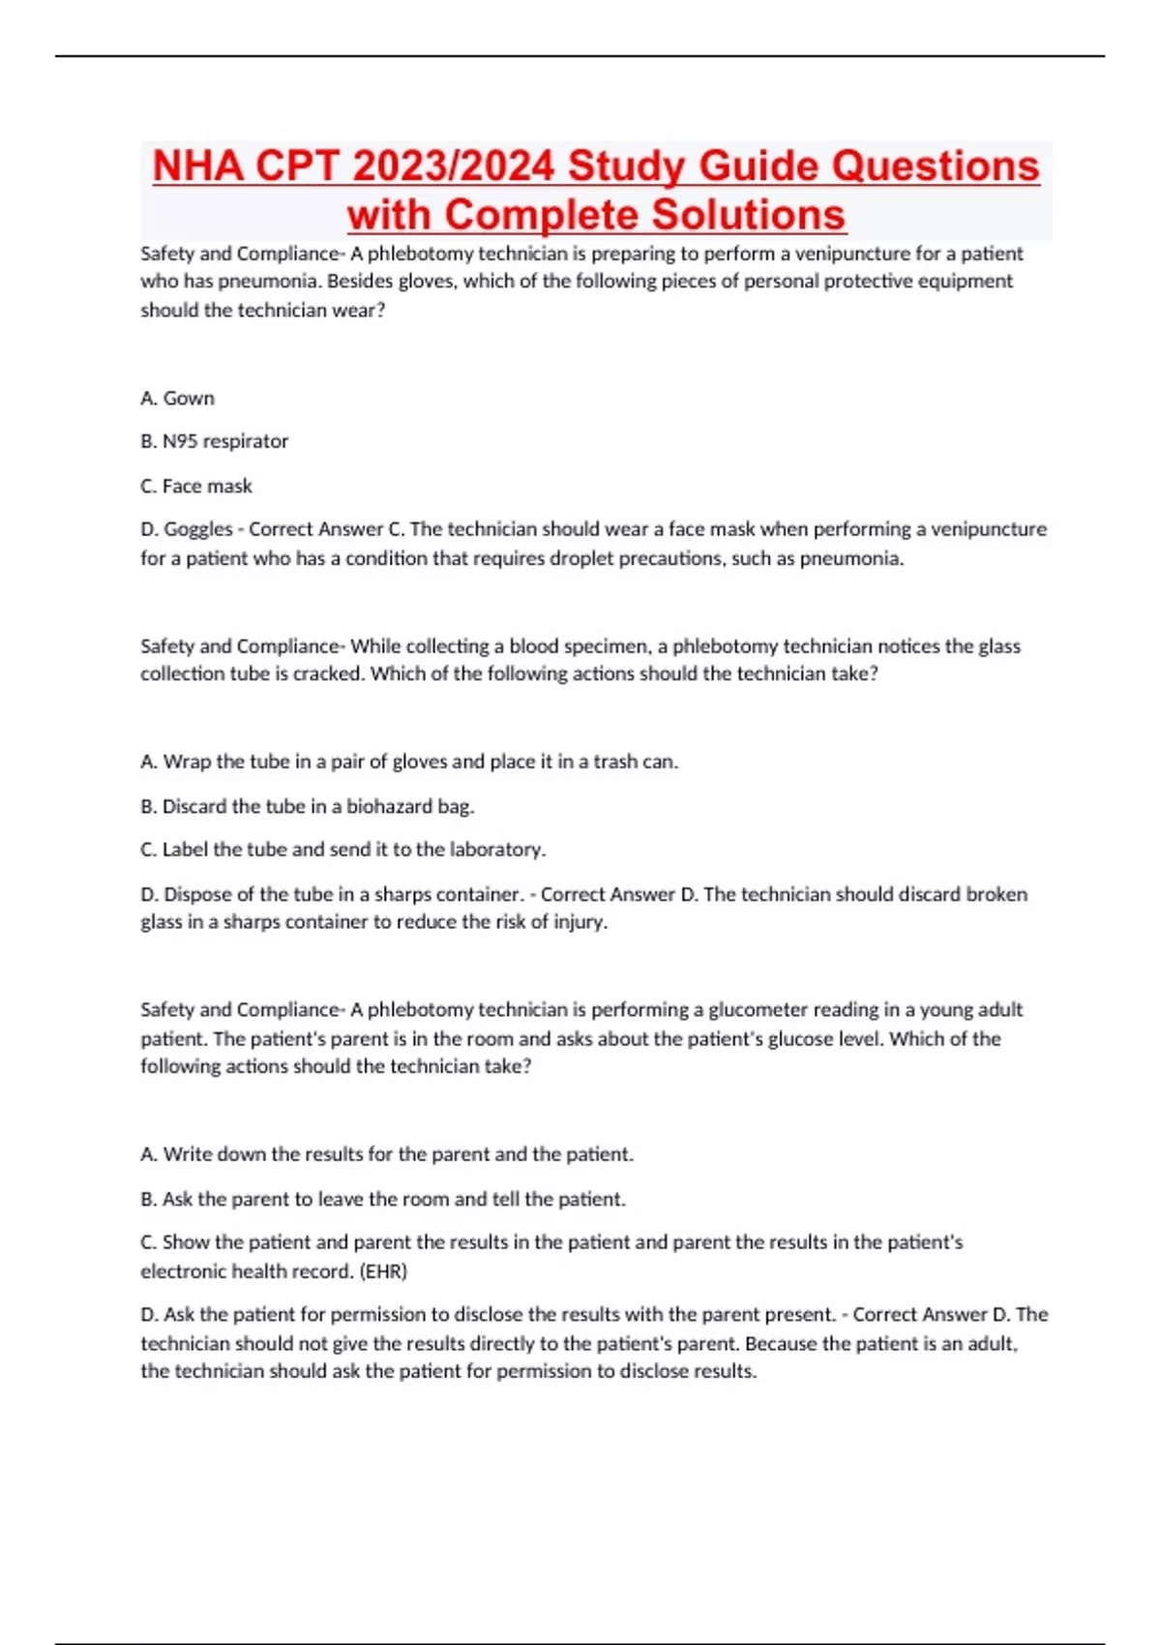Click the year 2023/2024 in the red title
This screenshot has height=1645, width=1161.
point(454,165)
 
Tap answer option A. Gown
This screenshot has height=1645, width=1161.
point(177,398)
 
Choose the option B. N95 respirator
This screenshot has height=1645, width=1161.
point(214,441)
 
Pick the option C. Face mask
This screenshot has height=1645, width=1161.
point(195,486)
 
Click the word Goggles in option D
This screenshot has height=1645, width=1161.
point(198,529)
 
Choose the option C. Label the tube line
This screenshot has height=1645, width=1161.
point(342,850)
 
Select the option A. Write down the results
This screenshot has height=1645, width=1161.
point(386,1154)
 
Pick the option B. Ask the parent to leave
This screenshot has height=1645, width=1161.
point(382,1199)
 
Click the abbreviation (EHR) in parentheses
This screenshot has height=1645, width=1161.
point(383,1271)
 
